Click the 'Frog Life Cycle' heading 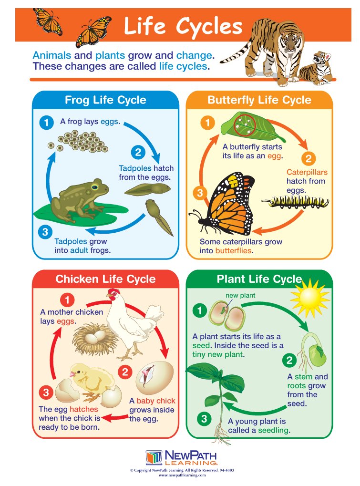click(105, 101)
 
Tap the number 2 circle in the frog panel click(137, 153)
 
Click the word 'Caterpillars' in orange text click(307, 172)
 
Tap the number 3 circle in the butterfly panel click(200, 193)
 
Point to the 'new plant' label click(240, 295)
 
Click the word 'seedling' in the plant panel click(274, 430)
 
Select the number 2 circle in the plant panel click(289, 360)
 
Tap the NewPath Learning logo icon click(154, 457)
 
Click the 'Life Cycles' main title click(183, 27)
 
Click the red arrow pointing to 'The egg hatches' click(114, 418)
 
